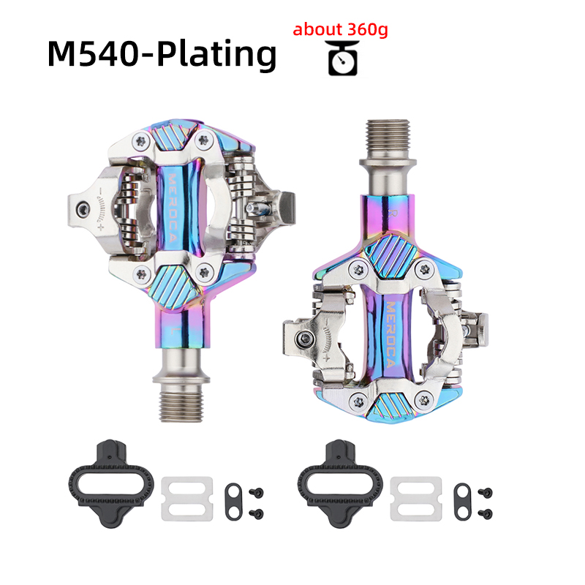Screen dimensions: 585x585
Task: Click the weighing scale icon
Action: [343, 58]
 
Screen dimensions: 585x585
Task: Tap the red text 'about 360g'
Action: [340, 29]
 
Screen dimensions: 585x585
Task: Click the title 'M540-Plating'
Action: [162, 54]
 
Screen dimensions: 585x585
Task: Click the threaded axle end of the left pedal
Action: [181, 407]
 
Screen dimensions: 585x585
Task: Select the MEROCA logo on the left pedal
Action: [172, 208]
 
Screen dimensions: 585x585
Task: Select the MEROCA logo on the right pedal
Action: [390, 334]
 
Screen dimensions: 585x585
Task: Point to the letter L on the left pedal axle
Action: [173, 331]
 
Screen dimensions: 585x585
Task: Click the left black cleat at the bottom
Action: [111, 484]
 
